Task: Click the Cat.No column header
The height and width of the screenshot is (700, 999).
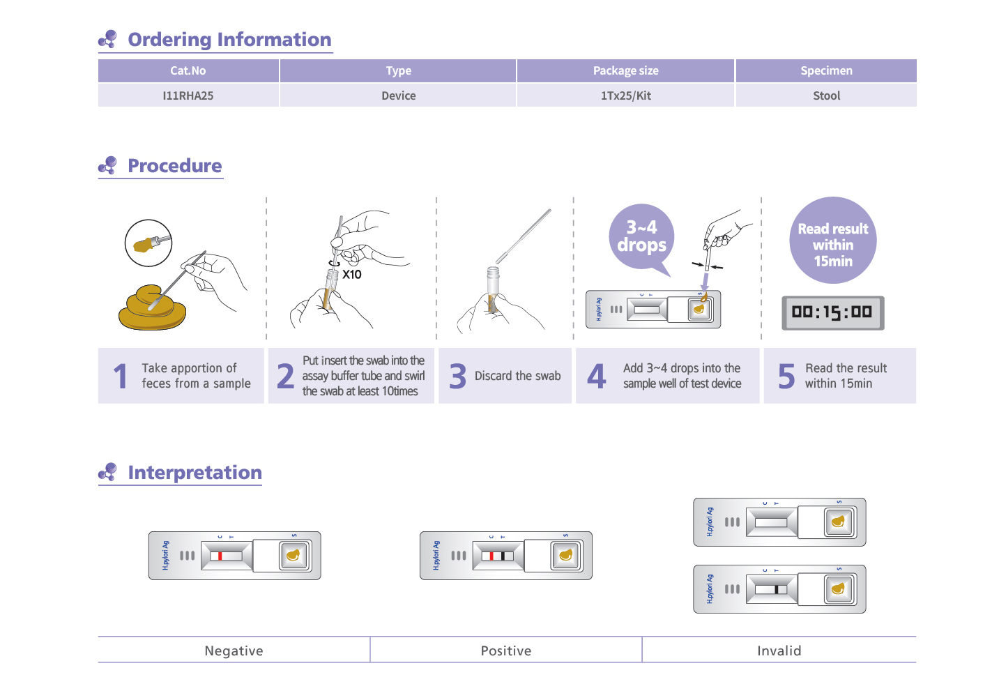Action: click(188, 70)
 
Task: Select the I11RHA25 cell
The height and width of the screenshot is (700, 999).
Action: click(188, 96)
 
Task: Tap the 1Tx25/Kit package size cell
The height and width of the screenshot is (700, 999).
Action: click(625, 96)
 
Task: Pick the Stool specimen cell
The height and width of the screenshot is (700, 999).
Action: click(826, 96)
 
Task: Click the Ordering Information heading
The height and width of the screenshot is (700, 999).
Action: click(229, 39)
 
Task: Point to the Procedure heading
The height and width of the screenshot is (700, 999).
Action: click(174, 165)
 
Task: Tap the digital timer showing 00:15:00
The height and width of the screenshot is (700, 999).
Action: click(832, 313)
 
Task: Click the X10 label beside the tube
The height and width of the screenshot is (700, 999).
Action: click(351, 275)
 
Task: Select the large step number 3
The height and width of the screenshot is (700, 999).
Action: click(457, 376)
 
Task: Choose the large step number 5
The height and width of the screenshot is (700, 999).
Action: click(786, 376)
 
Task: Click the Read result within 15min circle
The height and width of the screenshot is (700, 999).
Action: click(832, 240)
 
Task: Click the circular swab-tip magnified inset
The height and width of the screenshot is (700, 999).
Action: click(148, 243)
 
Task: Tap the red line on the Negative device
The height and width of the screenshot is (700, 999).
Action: click(220, 556)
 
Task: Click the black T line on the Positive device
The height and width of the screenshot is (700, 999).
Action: click(503, 556)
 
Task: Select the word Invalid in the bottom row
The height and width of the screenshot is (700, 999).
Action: click(779, 650)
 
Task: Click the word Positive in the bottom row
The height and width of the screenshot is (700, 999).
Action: click(505, 650)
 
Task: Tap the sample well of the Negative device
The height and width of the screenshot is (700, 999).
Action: click(293, 556)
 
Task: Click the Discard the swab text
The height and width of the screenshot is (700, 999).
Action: click(517, 376)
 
